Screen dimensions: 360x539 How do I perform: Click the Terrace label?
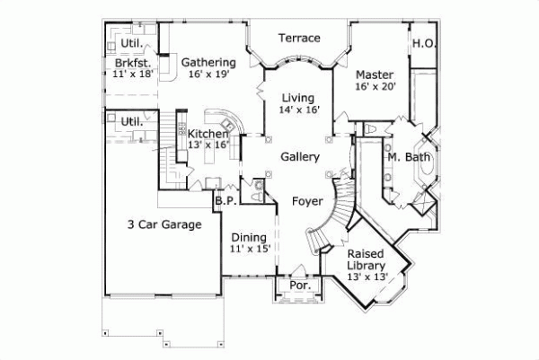299,38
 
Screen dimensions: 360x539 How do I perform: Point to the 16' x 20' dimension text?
375,87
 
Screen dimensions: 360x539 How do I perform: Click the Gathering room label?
208,63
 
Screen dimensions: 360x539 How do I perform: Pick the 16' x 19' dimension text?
208,75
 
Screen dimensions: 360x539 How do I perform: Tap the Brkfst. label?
131,65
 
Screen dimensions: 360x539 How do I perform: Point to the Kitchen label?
208,135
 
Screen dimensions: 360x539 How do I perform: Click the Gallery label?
300,157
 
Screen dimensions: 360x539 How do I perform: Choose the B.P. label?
225,201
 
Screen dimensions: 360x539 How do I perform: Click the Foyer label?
307,201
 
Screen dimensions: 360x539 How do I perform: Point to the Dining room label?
249,237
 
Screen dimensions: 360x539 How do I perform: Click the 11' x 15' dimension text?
249,250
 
